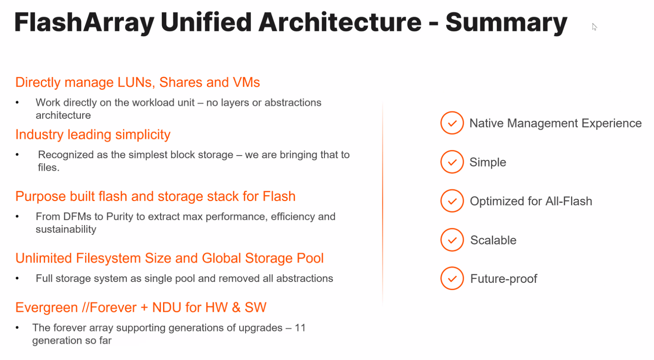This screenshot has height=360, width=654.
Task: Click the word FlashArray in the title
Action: [x=84, y=23]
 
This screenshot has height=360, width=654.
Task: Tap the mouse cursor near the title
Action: [x=594, y=27]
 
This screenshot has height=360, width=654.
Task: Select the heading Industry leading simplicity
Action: [x=93, y=135]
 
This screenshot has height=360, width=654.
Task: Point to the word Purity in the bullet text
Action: [x=120, y=216]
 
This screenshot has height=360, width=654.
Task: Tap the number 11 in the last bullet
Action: [x=300, y=328]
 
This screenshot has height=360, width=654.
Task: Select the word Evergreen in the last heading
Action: [x=46, y=307]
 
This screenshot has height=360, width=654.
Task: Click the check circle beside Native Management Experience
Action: [x=452, y=123]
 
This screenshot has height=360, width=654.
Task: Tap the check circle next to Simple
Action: [x=452, y=162]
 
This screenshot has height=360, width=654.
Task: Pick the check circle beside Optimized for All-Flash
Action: [x=452, y=201]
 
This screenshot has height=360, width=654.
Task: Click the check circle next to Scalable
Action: [x=452, y=240]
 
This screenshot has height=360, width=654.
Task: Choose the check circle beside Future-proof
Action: [x=452, y=279]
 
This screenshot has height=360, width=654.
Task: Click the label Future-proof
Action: [x=503, y=279]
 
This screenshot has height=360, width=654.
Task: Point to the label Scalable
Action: [x=493, y=240]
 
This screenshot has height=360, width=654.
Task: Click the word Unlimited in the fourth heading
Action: [x=44, y=258]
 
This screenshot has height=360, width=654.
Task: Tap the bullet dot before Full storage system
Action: [x=17, y=279]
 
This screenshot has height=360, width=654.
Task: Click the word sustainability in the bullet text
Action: [x=66, y=229]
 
